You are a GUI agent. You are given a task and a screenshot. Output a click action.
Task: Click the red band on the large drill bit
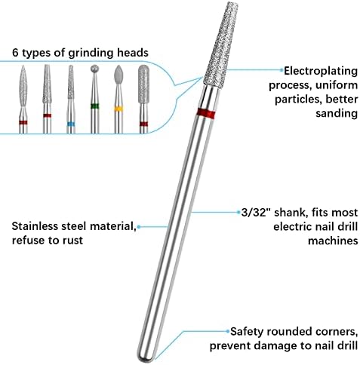coord(206,113)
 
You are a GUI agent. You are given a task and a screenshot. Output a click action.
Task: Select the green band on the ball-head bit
coord(94,106)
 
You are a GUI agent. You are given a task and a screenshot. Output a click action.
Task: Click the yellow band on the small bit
coord(118,109)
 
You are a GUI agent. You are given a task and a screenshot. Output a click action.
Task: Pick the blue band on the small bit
coord(71,124)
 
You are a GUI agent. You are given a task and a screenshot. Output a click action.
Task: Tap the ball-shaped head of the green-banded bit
coord(94,69)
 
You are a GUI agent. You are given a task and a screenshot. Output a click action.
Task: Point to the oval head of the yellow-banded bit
coord(118,74)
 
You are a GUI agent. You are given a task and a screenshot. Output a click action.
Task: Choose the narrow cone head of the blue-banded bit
coord(71,82)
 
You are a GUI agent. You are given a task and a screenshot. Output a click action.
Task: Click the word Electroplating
coord(321,71)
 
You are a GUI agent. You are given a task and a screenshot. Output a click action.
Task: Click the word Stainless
coord(35,226)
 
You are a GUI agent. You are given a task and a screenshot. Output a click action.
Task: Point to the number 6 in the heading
coord(15,53)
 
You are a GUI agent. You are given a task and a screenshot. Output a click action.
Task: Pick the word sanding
coord(337,113)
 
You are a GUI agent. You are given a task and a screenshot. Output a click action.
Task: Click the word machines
coord(333,241)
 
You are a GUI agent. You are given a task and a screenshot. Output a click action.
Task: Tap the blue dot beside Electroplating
coord(282,70)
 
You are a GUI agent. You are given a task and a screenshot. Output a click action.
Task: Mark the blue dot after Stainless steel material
coord(139,227)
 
